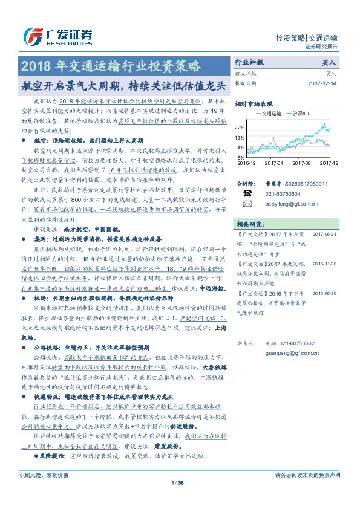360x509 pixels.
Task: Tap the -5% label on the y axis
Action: tap(240, 157)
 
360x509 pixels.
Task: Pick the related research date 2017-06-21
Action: tap(324, 234)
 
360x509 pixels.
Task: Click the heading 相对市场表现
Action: tap(254, 104)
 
